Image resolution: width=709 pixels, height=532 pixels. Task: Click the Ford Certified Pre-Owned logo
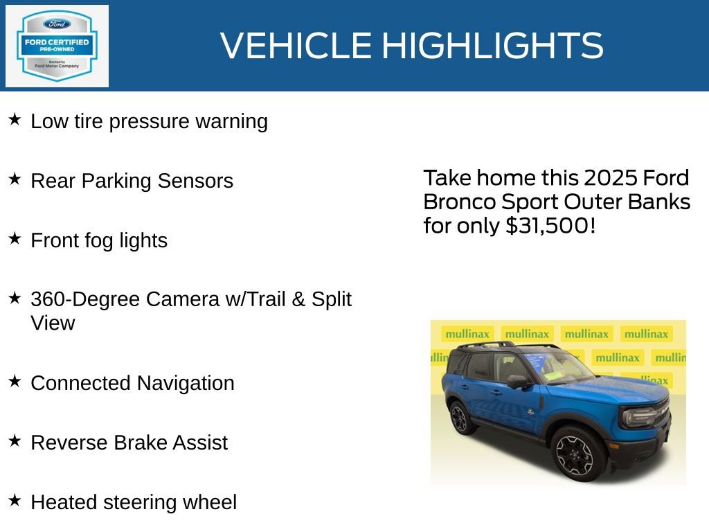click(57, 46)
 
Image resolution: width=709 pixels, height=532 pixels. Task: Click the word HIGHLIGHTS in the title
click(492, 46)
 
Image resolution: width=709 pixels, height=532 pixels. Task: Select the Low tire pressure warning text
click(149, 121)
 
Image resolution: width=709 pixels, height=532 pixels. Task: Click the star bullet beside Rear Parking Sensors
click(15, 179)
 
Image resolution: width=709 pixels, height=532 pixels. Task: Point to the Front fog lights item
click(99, 240)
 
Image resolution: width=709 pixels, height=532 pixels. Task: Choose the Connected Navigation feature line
click(132, 383)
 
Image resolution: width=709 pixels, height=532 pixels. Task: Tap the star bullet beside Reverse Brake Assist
click(15, 441)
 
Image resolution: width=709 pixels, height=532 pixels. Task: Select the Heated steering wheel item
click(134, 502)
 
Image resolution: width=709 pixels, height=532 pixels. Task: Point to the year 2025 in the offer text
click(611, 178)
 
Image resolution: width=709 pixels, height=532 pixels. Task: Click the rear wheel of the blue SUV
click(459, 418)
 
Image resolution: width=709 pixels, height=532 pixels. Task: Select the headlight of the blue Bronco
click(638, 417)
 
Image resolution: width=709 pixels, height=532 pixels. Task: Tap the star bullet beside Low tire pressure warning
click(15, 120)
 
